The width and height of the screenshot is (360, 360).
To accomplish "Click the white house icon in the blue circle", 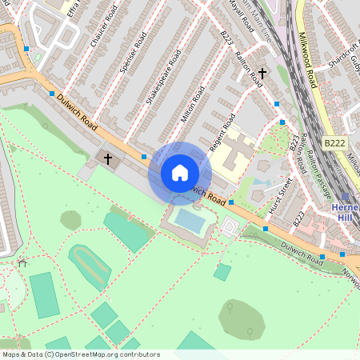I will pyautogui.click(x=180, y=173).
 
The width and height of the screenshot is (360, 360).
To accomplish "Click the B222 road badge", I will pyautogui.click(x=335, y=142).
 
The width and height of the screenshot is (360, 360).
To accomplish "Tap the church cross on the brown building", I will pyautogui.click(x=108, y=158).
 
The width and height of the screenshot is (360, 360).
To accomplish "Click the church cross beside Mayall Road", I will pyautogui.click(x=262, y=74).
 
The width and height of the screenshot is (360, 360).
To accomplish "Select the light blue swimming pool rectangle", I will pyautogui.click(x=190, y=219).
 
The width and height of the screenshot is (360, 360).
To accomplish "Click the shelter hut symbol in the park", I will pyautogui.click(x=22, y=262).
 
